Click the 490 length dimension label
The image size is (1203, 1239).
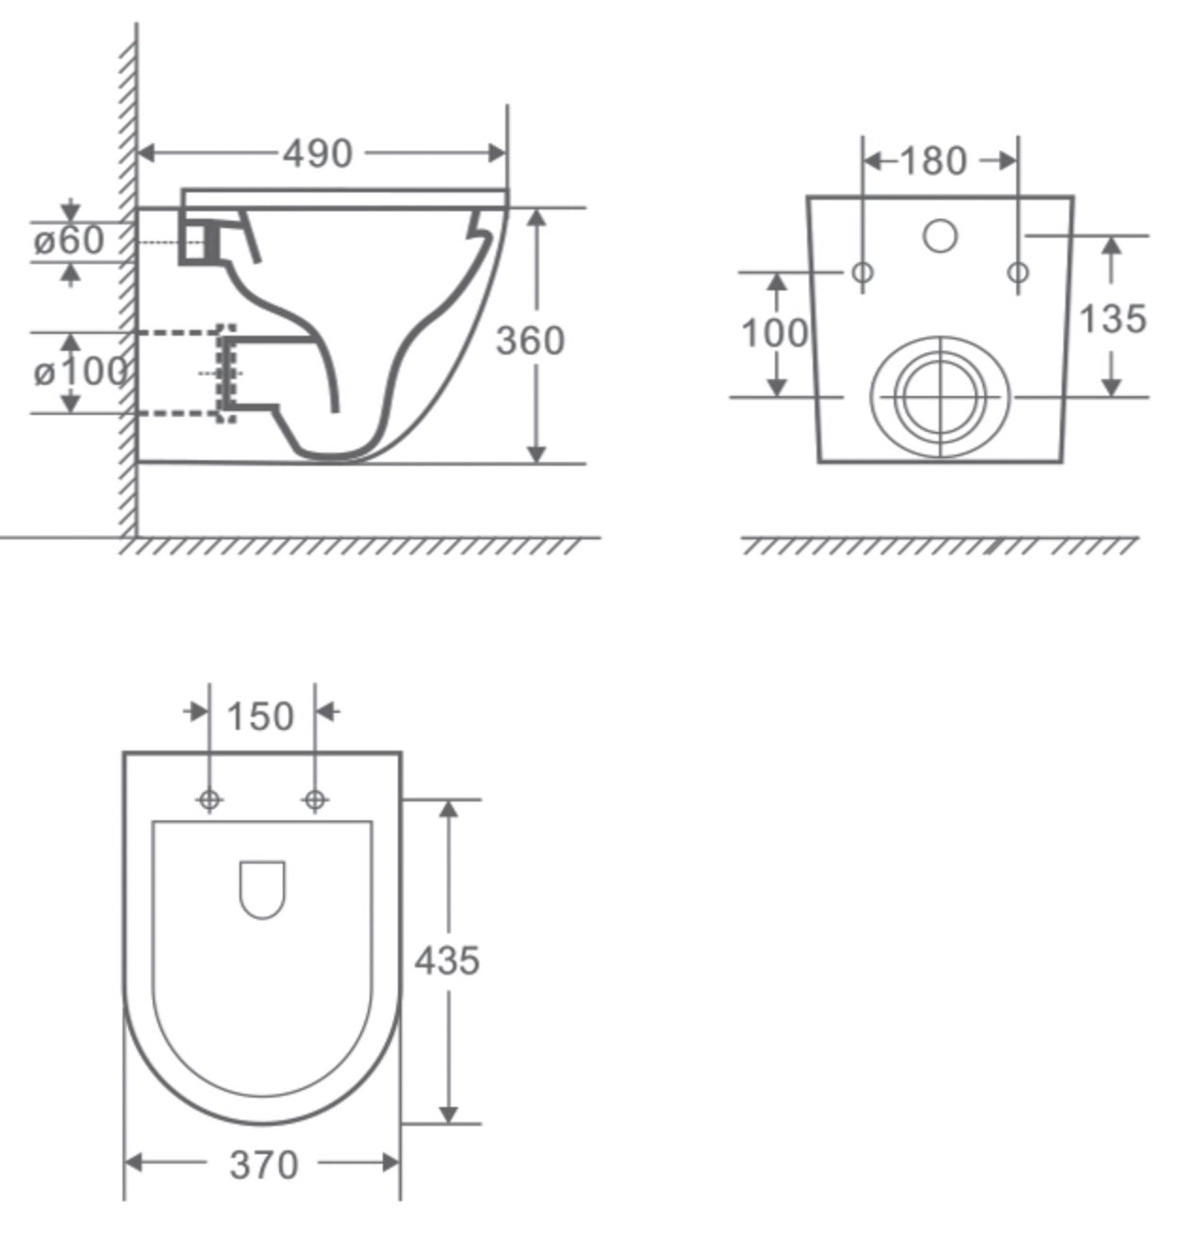[x=317, y=154]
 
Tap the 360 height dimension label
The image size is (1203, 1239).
[x=530, y=340]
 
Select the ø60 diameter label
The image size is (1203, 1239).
[x=69, y=240]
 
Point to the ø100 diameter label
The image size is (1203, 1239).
[x=80, y=372]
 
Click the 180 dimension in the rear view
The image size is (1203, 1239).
[x=934, y=161]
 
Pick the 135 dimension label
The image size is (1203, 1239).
[x=1112, y=319]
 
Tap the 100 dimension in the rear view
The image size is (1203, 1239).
[x=775, y=332]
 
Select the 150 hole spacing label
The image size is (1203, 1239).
[x=260, y=717]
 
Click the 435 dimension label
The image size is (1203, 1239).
[x=447, y=961]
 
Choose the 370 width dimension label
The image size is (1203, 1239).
[x=264, y=1165]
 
